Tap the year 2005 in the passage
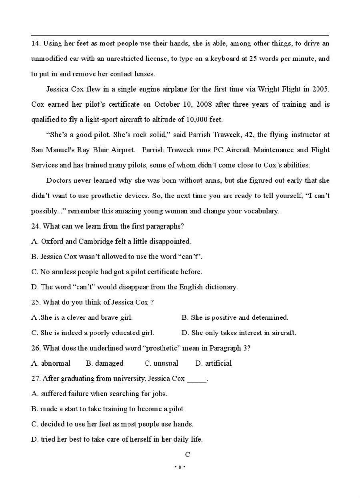[321, 89]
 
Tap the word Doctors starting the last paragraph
[58, 180]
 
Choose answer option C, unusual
[162, 363]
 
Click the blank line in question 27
[196, 379]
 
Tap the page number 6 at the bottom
[180, 467]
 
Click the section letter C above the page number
[187, 454]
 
